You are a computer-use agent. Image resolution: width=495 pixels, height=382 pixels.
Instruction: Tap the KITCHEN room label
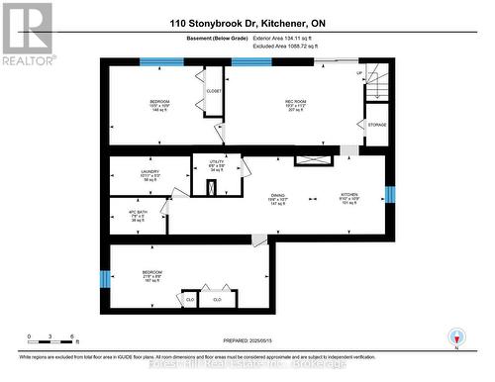tap(348, 195)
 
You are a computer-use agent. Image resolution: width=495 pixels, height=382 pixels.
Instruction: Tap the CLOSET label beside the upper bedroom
tap(214, 91)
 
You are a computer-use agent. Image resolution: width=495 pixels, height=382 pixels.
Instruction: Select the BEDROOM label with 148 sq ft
tap(159, 103)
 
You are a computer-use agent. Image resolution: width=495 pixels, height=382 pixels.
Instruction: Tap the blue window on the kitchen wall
tap(389, 192)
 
